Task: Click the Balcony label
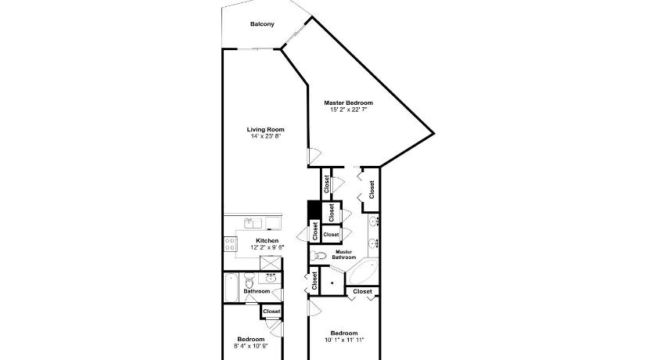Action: coord(262,24)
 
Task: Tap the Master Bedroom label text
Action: coord(348,103)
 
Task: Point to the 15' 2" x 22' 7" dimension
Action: coord(348,110)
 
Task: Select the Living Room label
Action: coord(265,129)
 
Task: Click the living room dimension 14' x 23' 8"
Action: coord(265,136)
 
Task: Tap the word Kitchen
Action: coord(267,240)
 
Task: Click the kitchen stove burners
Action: coord(230,244)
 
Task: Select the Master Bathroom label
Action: coord(344,254)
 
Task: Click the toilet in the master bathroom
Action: coord(320,255)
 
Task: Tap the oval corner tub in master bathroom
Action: coord(363,272)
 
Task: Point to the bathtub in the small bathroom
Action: coord(231,287)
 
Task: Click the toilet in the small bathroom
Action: coord(250,280)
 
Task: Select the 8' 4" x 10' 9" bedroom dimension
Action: coord(250,346)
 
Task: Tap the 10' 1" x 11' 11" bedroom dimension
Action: coord(344,340)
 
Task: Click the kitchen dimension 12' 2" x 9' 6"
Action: coord(267,247)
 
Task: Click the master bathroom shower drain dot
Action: coord(332,283)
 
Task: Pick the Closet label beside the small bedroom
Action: coord(271,311)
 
